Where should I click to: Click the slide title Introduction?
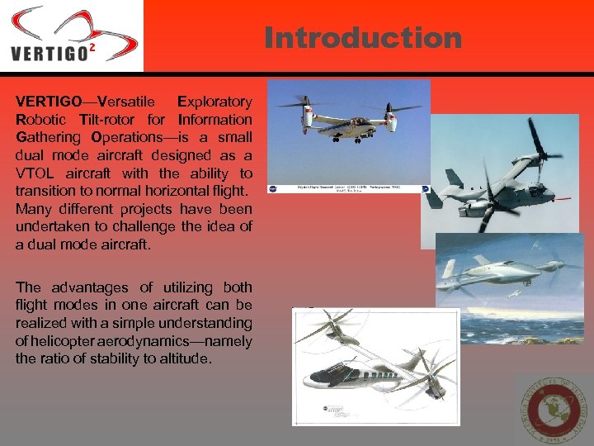pos(363,37)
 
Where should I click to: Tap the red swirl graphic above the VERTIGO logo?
pos(74,25)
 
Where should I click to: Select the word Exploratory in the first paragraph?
pos(214,102)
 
